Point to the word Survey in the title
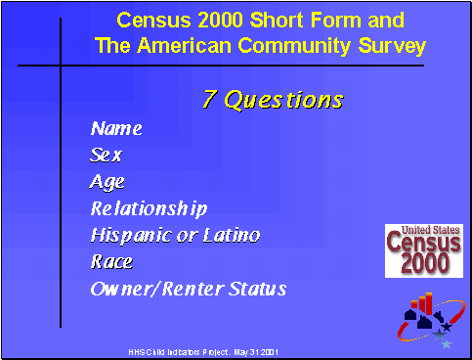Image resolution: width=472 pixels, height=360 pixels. pyautogui.click(x=391, y=45)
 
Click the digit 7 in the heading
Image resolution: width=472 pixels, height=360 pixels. pyautogui.click(x=209, y=100)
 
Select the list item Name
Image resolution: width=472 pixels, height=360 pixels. pyautogui.click(x=116, y=128)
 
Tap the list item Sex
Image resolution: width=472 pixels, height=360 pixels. pyautogui.click(x=107, y=155)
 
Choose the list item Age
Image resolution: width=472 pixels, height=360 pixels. pyautogui.click(x=107, y=182)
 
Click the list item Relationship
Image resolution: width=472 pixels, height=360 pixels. pyautogui.click(x=150, y=208)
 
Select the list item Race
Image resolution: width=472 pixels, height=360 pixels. pyautogui.click(x=111, y=261)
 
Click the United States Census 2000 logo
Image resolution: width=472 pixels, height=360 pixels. pyautogui.click(x=423, y=249)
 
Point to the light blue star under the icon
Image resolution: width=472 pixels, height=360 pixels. pyautogui.click(x=447, y=343)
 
